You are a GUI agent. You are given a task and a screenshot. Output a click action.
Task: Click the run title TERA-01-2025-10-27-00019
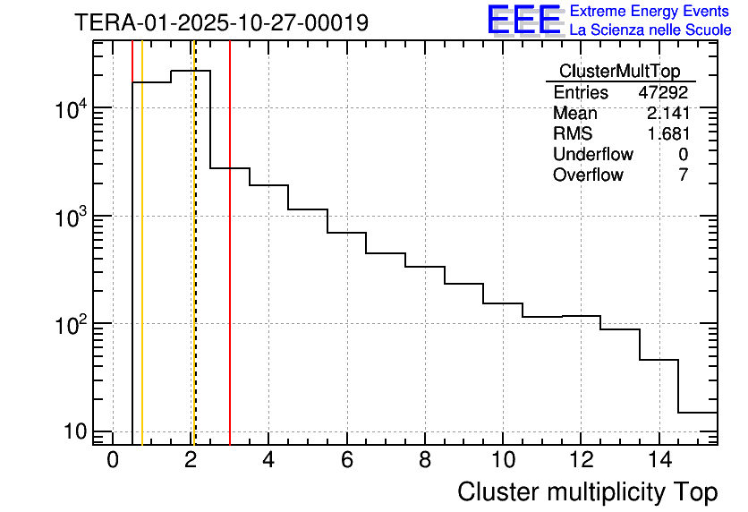[221, 22]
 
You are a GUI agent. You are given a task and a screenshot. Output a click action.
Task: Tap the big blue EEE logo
[524, 20]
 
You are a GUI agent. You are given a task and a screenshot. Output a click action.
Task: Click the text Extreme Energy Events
[650, 12]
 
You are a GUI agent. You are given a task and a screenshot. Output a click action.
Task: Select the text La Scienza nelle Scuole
[650, 30]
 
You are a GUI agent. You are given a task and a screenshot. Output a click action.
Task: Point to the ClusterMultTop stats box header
[619, 71]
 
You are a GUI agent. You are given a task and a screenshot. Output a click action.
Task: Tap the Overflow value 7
[683, 175]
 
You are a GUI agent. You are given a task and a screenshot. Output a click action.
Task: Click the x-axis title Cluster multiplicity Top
[587, 491]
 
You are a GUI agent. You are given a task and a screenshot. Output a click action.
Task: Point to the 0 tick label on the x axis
[113, 459]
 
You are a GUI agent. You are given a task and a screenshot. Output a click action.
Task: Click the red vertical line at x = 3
[230, 269]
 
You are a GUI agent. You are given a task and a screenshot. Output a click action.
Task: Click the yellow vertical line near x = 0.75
[142, 269]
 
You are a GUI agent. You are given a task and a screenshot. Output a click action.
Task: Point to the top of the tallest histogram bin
[191, 71]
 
